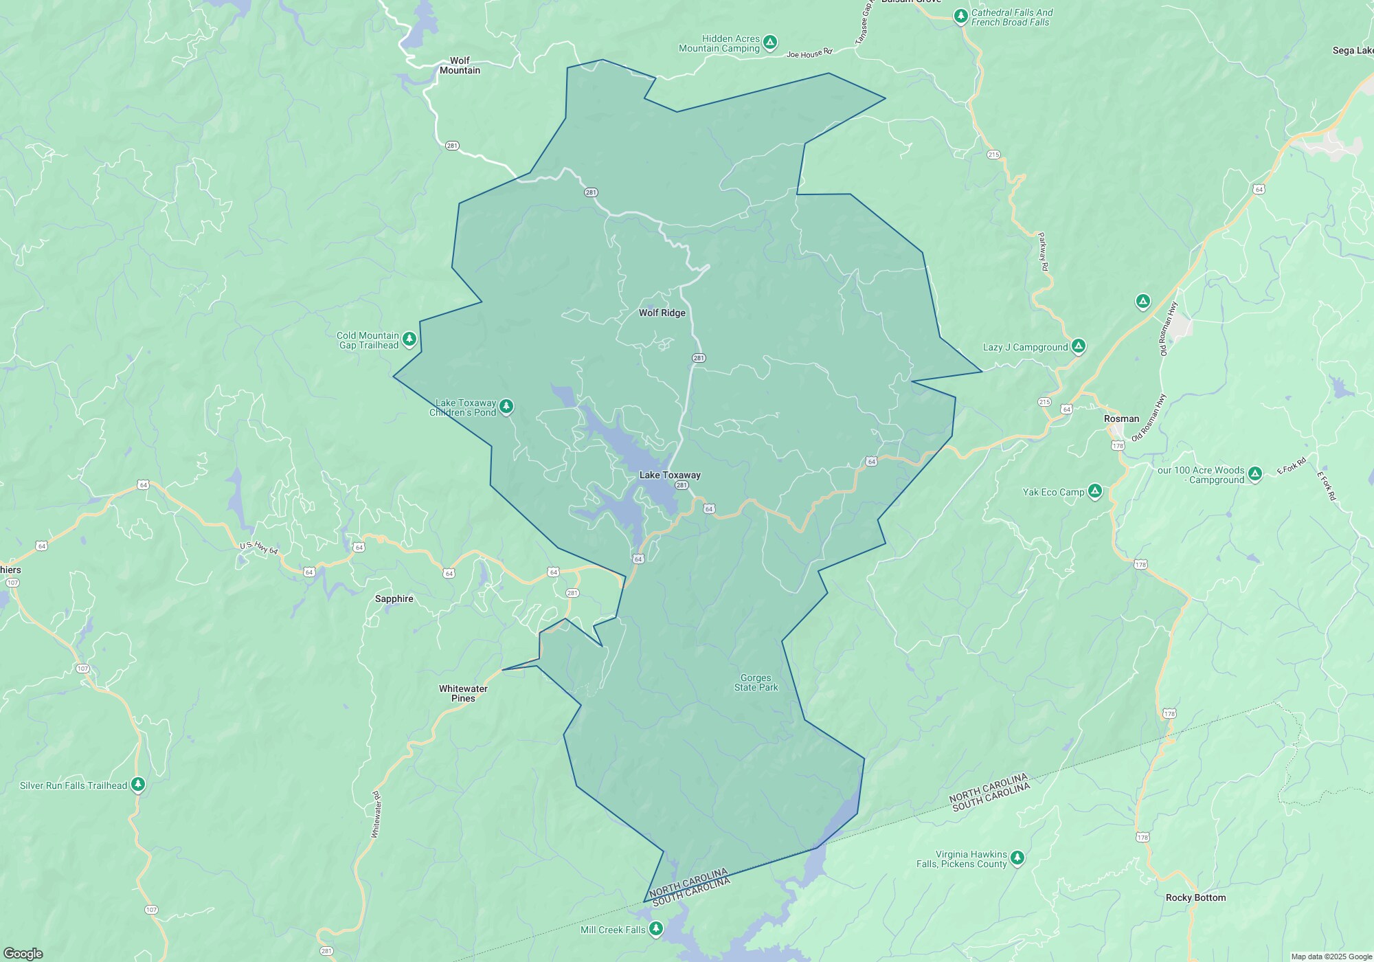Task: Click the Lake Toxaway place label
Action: [x=670, y=475]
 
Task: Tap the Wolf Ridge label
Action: [x=662, y=313]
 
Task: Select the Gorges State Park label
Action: [x=756, y=682]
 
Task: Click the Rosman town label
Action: [x=1121, y=418]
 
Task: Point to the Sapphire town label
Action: [x=394, y=599]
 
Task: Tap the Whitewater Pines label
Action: [x=463, y=693]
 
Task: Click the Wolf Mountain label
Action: [x=460, y=65]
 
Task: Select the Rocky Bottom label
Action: [x=1195, y=897]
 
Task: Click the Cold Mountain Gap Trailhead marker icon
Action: [x=409, y=339]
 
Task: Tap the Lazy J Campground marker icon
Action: [x=1078, y=346]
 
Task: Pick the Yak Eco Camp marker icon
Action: [x=1095, y=491]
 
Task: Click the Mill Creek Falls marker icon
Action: [x=656, y=929]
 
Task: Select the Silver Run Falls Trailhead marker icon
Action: [x=138, y=784]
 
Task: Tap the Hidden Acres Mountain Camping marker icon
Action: [x=770, y=43]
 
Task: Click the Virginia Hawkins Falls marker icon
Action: [x=1017, y=857]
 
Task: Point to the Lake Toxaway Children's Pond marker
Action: [x=506, y=406]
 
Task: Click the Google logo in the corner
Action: [x=23, y=953]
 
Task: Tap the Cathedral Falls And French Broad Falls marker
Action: [x=961, y=16]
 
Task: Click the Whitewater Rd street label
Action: [x=376, y=815]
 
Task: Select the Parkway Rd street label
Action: [x=1043, y=251]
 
